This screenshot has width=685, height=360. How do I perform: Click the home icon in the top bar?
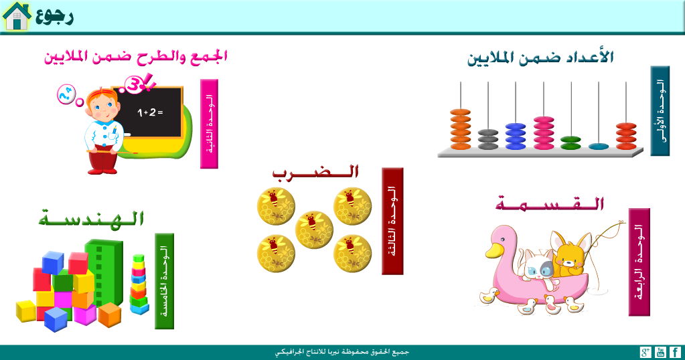point(17,16)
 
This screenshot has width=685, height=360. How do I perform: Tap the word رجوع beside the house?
point(55,16)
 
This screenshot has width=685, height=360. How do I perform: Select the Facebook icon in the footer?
point(675,352)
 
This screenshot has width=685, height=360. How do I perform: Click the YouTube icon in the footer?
point(660,352)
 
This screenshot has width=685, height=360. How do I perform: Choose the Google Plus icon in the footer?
point(645,352)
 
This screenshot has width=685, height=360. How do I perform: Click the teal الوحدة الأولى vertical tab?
point(660,111)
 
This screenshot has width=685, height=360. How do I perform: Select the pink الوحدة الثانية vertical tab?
point(210,124)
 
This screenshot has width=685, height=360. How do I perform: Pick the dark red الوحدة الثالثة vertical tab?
point(392,221)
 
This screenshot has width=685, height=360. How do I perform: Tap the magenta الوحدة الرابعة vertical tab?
point(639,262)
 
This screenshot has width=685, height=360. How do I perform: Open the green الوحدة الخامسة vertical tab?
point(164,281)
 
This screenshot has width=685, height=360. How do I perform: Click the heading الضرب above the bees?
point(315,172)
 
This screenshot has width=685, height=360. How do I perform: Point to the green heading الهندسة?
point(91,217)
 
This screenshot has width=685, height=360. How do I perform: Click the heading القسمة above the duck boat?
point(550,203)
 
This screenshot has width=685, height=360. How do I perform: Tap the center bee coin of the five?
point(314,230)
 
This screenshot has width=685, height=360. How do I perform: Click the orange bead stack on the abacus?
point(461,129)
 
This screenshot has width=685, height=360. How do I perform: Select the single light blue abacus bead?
point(599,147)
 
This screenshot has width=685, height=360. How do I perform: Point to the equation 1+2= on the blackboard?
point(150,112)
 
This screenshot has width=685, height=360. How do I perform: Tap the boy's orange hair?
point(101,95)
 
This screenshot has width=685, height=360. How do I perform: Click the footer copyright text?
point(342,352)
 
